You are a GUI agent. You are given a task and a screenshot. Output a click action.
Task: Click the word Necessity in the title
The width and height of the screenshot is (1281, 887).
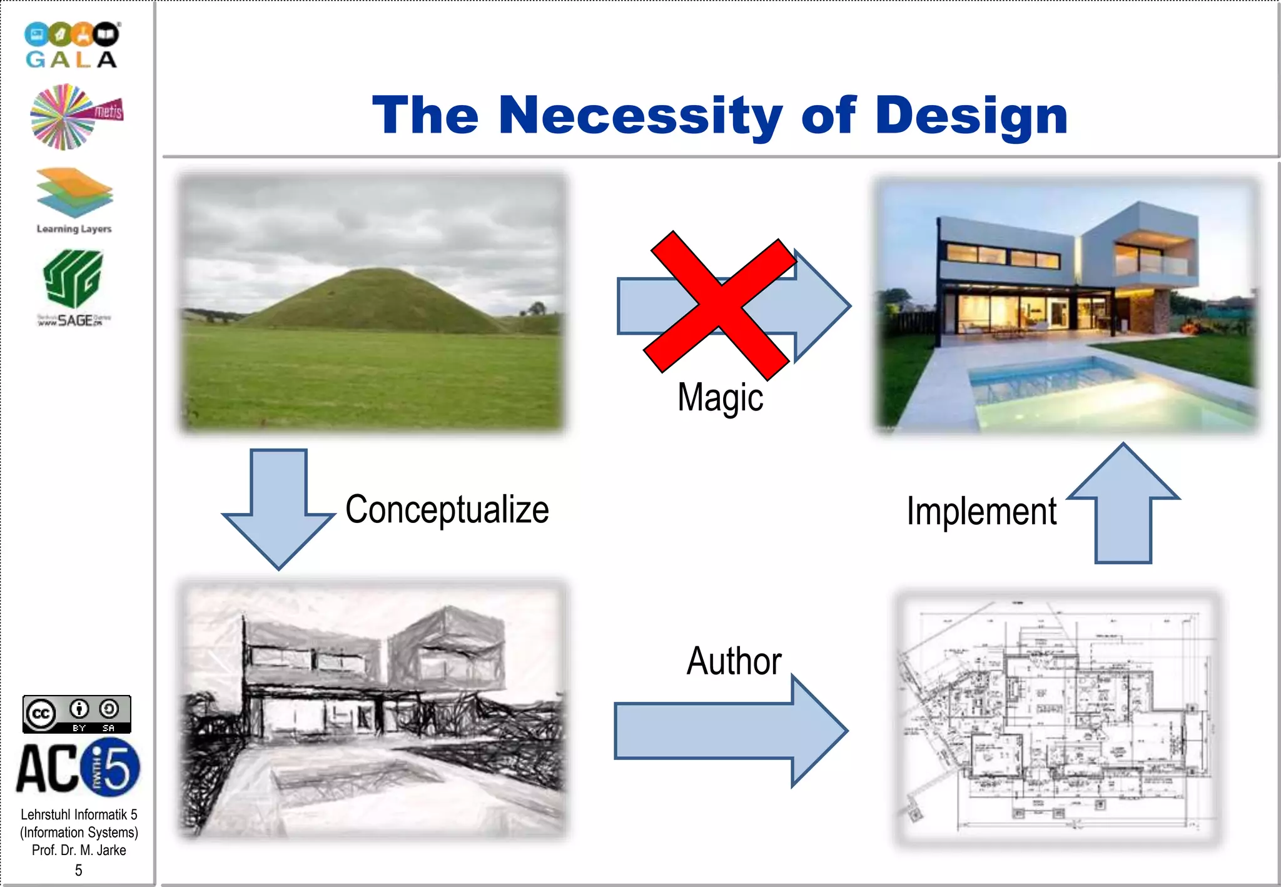640,116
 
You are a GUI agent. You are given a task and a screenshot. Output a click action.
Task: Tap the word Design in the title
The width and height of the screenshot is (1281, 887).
971,117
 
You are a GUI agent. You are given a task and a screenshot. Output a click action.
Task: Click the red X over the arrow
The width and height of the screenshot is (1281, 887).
719,305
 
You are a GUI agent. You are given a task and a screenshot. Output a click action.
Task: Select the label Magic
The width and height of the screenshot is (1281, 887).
720,397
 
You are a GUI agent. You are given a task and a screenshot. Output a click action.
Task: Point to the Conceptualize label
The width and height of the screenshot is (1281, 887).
447,509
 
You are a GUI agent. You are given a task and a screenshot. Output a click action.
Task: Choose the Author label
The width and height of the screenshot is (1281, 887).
734,661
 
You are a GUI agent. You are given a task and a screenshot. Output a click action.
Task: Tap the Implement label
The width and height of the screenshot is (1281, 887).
981,511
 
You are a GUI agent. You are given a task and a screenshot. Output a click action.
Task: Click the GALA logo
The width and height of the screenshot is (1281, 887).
72,45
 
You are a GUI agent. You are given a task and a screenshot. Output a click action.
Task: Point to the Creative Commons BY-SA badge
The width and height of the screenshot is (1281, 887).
76,714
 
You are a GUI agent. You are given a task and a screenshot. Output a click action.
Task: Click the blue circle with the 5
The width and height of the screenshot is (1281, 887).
110,768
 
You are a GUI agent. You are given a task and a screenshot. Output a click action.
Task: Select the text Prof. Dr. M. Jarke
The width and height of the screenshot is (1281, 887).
79,850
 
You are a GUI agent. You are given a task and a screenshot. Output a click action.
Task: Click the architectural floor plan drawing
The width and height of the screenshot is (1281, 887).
1057,719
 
